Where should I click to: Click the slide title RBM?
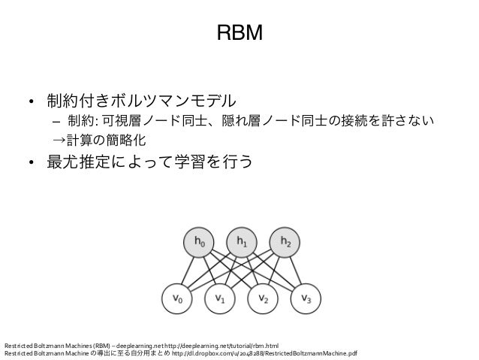pyautogui.click(x=239, y=33)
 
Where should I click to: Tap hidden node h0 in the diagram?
pyautogui.click(x=197, y=242)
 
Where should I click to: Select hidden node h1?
pyautogui.click(x=241, y=242)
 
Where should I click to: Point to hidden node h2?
pyautogui.click(x=284, y=242)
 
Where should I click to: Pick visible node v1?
pyautogui.click(x=219, y=299)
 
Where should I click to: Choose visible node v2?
pyautogui.click(x=263, y=299)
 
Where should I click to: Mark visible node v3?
pyautogui.click(x=306, y=299)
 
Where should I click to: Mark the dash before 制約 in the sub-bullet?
pyautogui.click(x=56, y=121)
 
